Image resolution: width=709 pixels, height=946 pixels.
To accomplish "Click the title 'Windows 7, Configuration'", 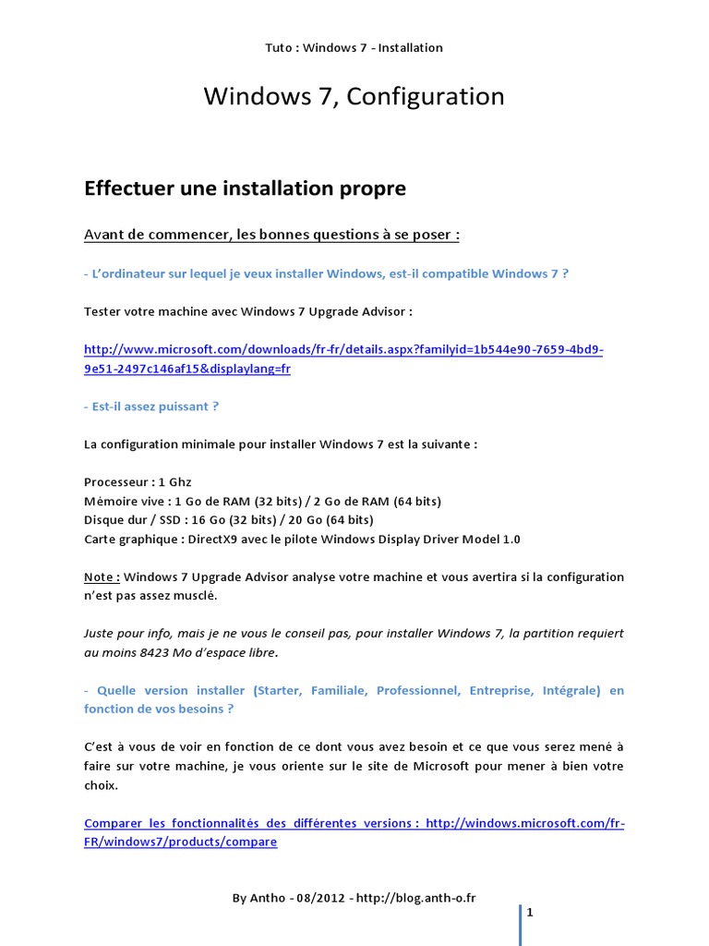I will (x=354, y=96).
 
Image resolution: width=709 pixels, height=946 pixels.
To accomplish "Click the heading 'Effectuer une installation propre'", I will (x=245, y=188).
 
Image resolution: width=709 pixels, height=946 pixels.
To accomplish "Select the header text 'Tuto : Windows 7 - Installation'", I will (x=354, y=48).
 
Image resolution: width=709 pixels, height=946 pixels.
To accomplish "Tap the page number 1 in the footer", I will (x=530, y=913).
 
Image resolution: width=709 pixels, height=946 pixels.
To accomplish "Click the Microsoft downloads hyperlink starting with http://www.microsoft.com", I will (x=342, y=350).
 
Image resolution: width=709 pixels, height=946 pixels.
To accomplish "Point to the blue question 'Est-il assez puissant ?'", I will (x=150, y=406).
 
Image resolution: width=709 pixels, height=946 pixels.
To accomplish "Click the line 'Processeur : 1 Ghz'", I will (x=138, y=482).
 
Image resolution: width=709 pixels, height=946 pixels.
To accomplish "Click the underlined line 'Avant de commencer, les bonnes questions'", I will (x=271, y=235).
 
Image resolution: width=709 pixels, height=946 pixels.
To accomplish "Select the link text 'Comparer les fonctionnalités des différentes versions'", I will (x=250, y=823).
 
